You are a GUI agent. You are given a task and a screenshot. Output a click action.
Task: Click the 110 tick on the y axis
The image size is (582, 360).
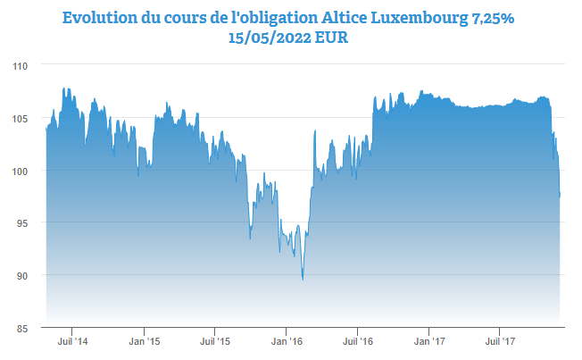pyautogui.click(x=21, y=66)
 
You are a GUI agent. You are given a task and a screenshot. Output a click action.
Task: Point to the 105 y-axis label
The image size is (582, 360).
pyautogui.click(x=21, y=119)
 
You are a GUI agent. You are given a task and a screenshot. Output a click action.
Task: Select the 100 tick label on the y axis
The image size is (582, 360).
pyautogui.click(x=21, y=171)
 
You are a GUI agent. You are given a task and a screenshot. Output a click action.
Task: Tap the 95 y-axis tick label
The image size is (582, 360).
pyautogui.click(x=23, y=223)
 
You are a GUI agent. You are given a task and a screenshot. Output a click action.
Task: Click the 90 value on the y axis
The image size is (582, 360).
pyautogui.click(x=23, y=275)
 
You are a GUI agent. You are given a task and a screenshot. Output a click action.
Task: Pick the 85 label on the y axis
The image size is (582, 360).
pyautogui.click(x=23, y=328)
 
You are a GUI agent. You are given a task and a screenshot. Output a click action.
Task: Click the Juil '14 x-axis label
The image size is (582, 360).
pyautogui.click(x=72, y=341)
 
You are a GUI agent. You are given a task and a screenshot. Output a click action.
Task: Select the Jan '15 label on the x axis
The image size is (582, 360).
pyautogui.click(x=144, y=341)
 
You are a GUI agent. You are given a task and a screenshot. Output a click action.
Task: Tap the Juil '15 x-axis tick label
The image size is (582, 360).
pyautogui.click(x=214, y=341)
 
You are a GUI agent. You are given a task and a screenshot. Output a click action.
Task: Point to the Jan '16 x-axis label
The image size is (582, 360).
pyautogui.click(x=286, y=341)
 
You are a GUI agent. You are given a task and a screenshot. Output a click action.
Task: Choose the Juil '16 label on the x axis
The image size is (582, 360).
pyautogui.click(x=357, y=341)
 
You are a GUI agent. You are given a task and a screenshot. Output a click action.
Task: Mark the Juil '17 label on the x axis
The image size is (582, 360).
pyautogui.click(x=500, y=341)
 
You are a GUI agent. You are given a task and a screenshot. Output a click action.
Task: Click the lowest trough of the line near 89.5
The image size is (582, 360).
pyautogui.click(x=303, y=279)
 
